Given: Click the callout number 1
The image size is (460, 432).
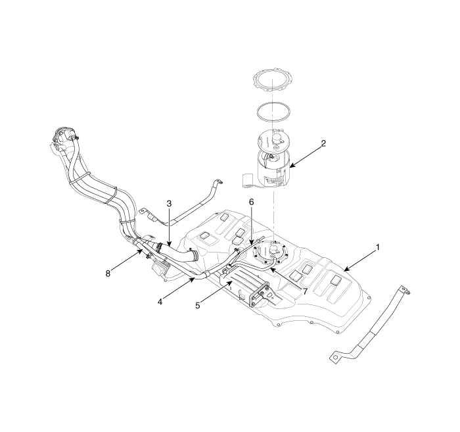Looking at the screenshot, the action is [x=378, y=247].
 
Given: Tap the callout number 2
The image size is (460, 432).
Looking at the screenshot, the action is [x=323, y=143].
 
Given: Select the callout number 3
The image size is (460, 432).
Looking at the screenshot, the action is [x=169, y=203].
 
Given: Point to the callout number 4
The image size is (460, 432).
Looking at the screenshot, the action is [x=160, y=301].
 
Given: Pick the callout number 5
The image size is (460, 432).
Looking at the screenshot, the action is [x=198, y=306].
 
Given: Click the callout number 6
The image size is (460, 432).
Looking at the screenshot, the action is [x=252, y=202].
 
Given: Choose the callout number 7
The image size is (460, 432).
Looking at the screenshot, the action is [x=305, y=291].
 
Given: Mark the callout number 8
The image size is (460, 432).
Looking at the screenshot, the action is [x=108, y=274].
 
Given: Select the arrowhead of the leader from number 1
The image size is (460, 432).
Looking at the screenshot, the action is [x=345, y=270].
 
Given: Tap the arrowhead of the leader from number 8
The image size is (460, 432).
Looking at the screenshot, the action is [x=143, y=250].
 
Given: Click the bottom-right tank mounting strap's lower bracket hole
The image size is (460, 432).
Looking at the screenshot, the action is [x=334, y=356].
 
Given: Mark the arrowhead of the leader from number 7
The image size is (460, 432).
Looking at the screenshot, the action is [x=271, y=268].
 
